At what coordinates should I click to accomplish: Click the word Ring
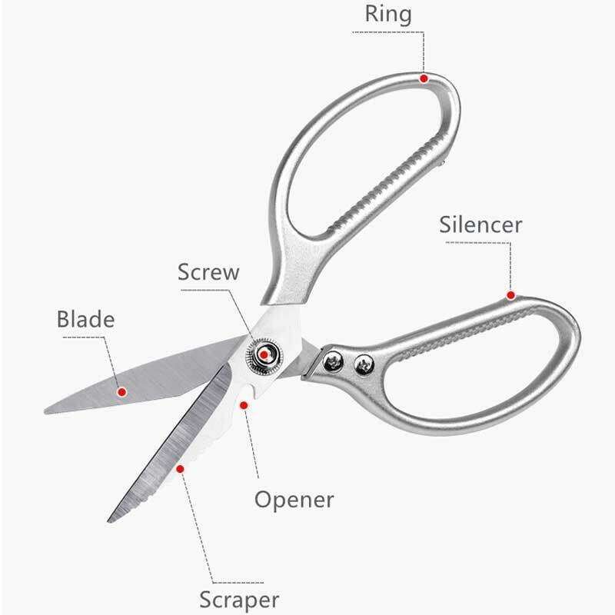point(388,15)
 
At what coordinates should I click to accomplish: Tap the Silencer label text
point(480,224)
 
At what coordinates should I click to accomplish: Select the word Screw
point(208,272)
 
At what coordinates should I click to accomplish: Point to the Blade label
point(85,319)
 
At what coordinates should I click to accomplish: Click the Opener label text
point(294,500)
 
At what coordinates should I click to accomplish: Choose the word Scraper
point(239,600)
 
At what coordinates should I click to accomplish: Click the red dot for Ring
point(424,77)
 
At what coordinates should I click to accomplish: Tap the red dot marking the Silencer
point(510,295)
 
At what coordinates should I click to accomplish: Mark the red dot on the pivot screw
point(264,354)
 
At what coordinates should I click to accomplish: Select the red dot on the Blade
point(121,392)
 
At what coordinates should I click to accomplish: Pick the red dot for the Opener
point(244,404)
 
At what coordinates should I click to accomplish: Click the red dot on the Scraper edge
point(181,467)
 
